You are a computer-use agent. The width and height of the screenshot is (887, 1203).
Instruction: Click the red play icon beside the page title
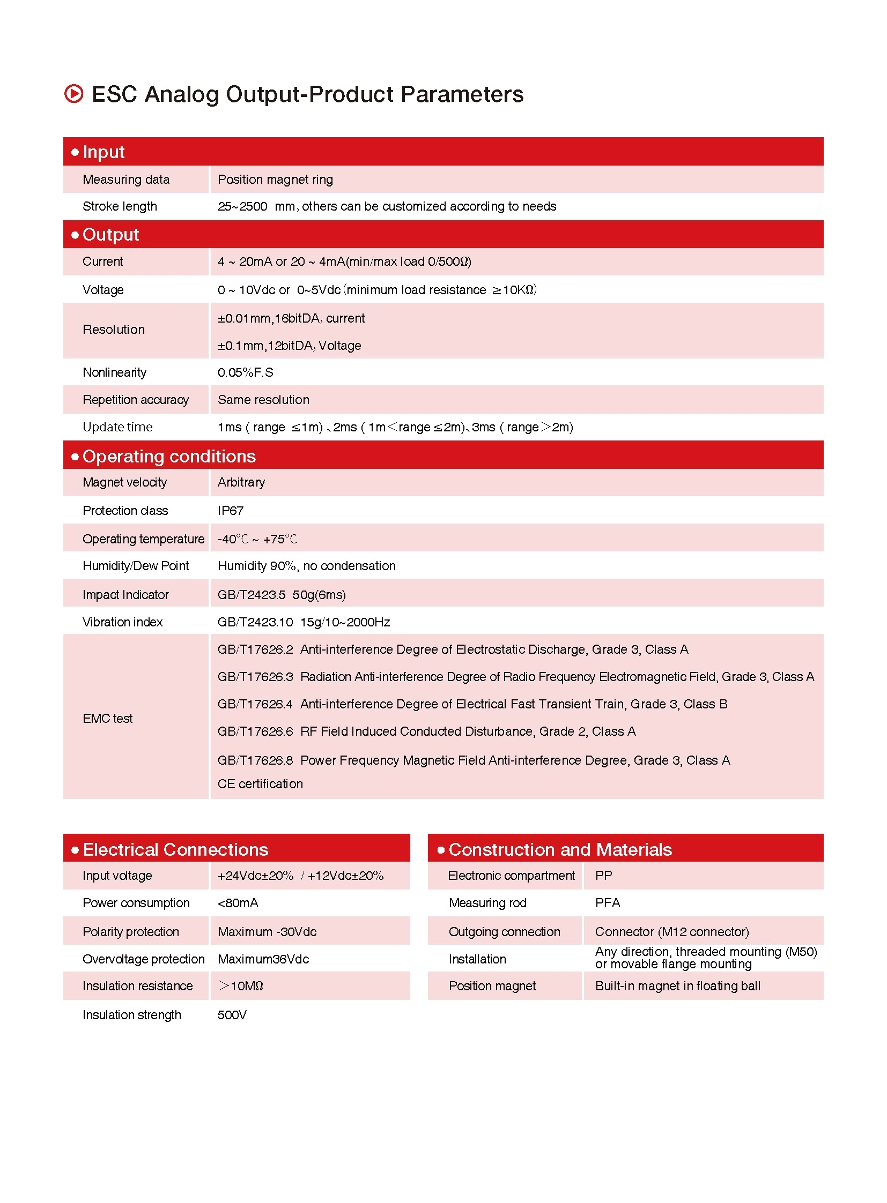coord(73,94)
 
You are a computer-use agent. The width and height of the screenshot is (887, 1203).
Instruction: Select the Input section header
coord(104,152)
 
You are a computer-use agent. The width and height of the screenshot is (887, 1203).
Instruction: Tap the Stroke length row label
coord(120,207)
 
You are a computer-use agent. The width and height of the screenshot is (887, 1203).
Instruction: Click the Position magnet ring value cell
coord(275,180)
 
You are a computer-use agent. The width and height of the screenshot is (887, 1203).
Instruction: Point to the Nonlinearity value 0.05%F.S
coord(246,372)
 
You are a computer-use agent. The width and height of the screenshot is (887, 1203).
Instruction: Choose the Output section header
coord(110,235)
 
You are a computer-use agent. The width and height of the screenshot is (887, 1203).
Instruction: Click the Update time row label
coord(117,427)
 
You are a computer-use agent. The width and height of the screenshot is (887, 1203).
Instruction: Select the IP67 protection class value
coord(231,511)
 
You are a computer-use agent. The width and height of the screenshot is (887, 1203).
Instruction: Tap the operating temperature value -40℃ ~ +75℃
coord(257,539)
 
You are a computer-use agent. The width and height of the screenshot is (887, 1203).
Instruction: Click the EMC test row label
coord(107,719)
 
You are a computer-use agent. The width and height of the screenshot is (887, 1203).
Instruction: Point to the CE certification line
coord(260,784)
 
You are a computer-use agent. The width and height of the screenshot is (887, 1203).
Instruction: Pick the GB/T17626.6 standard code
coord(255,731)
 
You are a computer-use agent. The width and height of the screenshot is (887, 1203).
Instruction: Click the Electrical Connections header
coord(175,849)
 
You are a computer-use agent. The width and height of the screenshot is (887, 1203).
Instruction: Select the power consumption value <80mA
coord(238,903)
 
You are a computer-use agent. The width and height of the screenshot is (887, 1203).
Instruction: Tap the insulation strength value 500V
coord(232,1015)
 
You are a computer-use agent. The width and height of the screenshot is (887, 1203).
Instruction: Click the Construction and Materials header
coord(560,849)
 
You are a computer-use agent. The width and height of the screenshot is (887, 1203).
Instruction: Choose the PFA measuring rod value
coord(607,903)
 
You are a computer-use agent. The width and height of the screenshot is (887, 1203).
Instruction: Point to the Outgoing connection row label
coord(504,932)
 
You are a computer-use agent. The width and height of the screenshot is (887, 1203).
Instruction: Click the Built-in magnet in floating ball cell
coord(678,986)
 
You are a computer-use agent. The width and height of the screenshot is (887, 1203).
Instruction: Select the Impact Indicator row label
coord(125,594)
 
